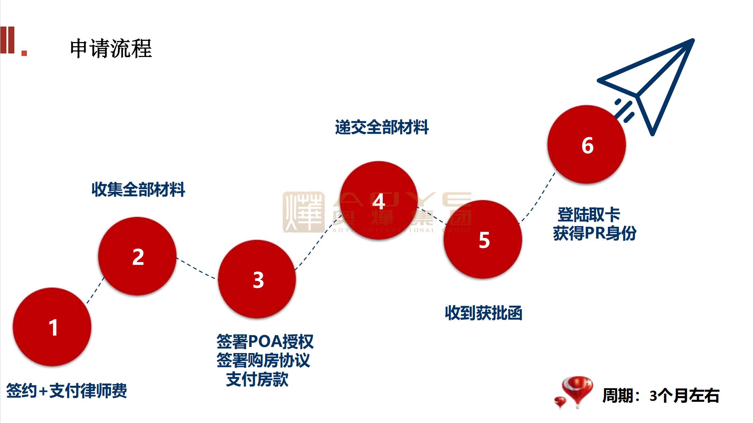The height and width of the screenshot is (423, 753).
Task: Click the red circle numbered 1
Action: (x=52, y=327)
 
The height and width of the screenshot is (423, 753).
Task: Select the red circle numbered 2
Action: (x=138, y=256)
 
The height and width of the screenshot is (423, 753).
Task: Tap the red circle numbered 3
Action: (x=257, y=279)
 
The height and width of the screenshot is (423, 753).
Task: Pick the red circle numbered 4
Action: (x=379, y=200)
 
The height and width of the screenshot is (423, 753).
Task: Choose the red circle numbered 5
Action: (x=483, y=239)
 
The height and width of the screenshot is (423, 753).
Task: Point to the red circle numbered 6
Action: (x=587, y=145)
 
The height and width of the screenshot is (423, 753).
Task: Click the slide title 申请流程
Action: (x=111, y=48)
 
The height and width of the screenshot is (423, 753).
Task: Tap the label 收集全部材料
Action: (x=138, y=189)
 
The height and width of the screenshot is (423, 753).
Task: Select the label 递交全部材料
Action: (x=382, y=127)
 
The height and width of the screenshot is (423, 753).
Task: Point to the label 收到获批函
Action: (x=483, y=313)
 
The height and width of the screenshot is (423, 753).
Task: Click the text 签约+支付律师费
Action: (x=67, y=391)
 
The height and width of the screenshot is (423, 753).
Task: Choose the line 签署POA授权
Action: (x=265, y=342)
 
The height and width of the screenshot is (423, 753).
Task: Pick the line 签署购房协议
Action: (x=263, y=360)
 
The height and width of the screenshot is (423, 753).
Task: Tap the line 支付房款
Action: (x=257, y=379)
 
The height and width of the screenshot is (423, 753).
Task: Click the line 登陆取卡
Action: (x=588, y=215)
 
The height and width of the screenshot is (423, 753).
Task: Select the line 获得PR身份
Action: (x=595, y=234)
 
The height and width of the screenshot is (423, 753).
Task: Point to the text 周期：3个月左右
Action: (x=661, y=395)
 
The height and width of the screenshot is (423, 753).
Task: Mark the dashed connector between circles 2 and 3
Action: (x=197, y=268)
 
